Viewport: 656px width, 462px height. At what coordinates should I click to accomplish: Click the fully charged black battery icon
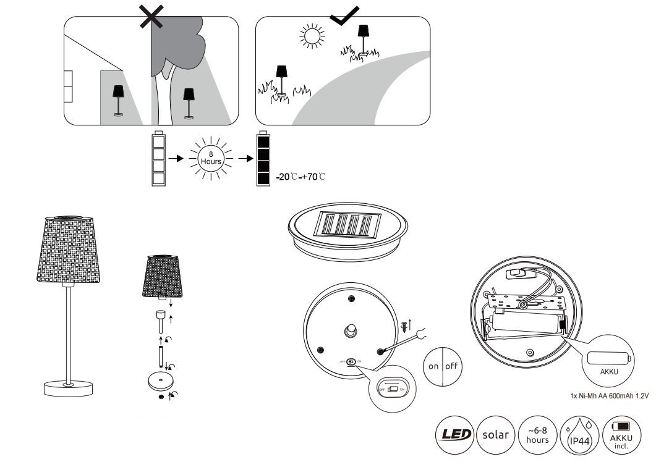click(263, 159)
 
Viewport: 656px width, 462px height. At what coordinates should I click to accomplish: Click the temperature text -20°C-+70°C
click(299, 177)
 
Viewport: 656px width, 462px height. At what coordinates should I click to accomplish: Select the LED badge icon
click(456, 435)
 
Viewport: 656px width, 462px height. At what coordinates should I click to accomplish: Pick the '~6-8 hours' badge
click(536, 435)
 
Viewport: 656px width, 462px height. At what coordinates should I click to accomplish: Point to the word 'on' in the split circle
click(433, 366)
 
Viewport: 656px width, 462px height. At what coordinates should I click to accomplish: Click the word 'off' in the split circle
click(452, 366)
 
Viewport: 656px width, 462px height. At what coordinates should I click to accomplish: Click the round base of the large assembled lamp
click(69, 388)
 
